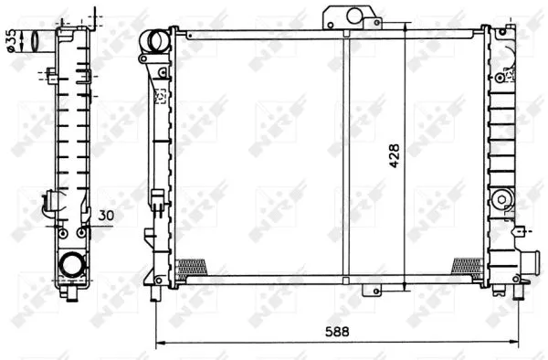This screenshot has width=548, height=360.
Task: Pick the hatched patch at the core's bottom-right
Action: (468, 265)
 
